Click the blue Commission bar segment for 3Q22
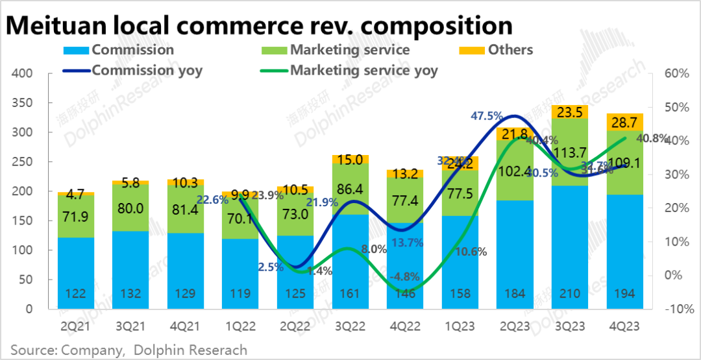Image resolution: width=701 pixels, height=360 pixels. (350, 259)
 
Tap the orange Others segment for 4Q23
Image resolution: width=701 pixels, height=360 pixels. (624, 122)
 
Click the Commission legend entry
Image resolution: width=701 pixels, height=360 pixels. (132, 50)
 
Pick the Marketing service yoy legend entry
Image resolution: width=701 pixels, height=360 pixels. (363, 70)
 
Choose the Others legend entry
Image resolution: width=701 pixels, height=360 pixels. (510, 50)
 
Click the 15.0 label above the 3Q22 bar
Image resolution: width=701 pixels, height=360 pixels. (350, 160)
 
